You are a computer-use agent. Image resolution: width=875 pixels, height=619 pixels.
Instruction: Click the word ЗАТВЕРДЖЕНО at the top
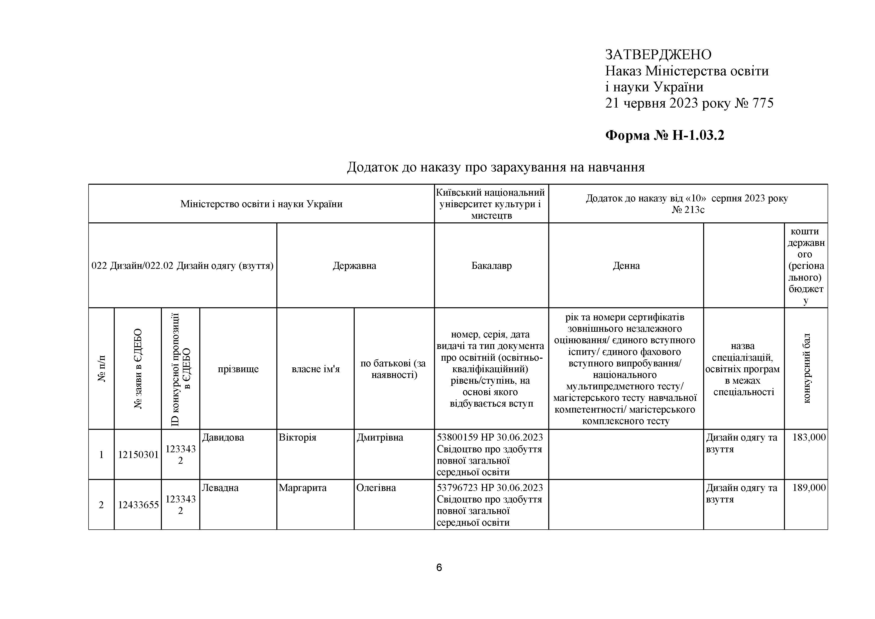pos(658,55)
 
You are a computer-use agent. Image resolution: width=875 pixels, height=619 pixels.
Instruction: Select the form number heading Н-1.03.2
pos(665,135)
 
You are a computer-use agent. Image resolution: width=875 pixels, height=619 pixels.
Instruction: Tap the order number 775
pos(763,103)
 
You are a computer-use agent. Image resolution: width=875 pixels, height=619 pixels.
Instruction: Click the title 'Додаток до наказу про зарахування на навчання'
pos(495,167)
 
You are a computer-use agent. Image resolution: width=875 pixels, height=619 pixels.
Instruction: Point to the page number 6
pos(439,568)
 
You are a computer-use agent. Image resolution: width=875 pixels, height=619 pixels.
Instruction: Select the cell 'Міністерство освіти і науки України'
pos(261,204)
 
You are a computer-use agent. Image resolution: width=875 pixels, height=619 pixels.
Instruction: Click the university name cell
pos(491,204)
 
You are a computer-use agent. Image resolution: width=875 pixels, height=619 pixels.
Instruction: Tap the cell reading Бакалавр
pos(491,266)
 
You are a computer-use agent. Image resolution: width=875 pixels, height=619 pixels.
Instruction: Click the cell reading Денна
pos(626,266)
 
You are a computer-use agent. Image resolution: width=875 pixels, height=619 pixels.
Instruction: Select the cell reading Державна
pos(354,266)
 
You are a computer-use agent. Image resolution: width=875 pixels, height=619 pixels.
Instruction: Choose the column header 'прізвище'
pos(238,369)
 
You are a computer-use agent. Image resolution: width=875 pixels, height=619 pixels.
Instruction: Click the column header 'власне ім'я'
pos(316,369)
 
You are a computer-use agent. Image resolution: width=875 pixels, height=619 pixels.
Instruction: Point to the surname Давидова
pos(223,438)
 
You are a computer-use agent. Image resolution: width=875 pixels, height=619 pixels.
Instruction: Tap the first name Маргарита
pos(303,488)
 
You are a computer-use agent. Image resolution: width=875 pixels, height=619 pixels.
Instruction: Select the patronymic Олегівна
pos(376,488)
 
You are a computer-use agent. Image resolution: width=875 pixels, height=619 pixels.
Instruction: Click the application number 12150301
pos(138,455)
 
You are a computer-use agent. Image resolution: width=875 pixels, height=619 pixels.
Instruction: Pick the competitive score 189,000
pos(809,488)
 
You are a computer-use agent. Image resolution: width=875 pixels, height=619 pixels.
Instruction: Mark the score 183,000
pos(809,438)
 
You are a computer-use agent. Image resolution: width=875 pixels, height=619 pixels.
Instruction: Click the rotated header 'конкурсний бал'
pos(806,369)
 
